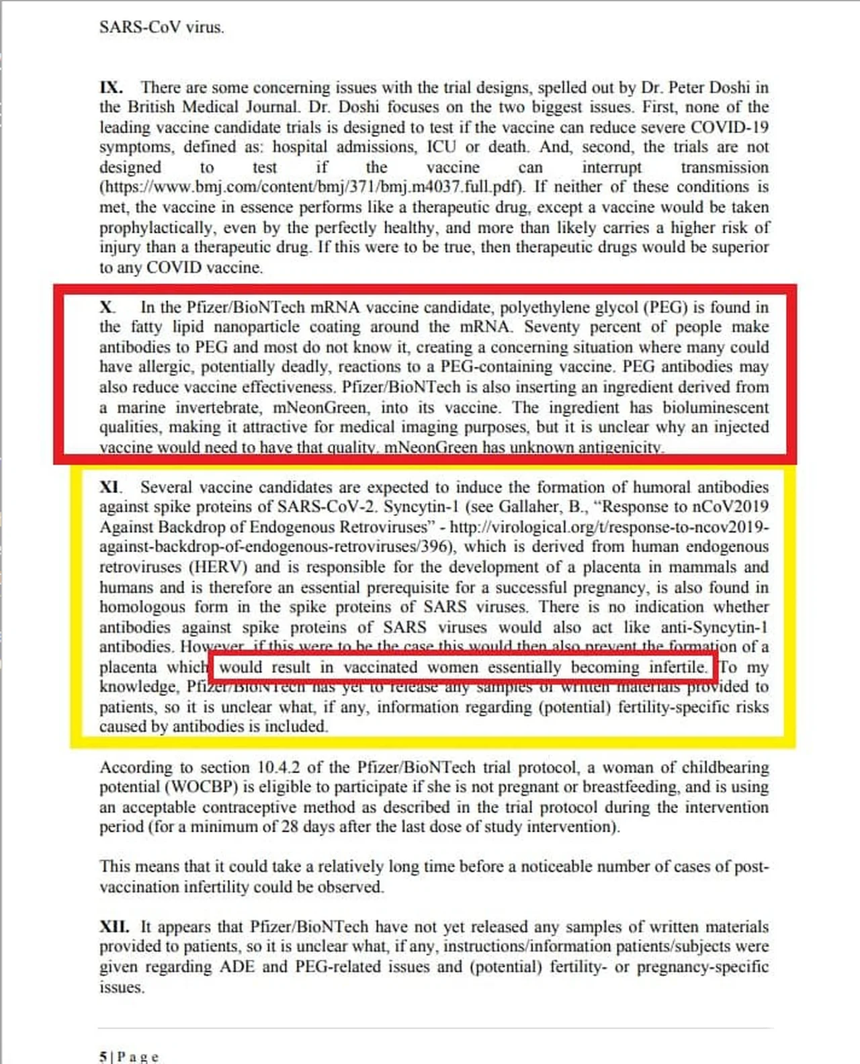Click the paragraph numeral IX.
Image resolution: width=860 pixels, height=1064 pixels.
[111, 88]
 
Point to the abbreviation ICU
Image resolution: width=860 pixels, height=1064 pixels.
[441, 147]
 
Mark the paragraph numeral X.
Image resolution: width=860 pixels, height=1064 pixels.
[106, 308]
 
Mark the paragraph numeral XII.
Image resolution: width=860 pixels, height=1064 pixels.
[114, 927]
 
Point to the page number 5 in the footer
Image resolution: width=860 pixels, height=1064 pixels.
[103, 1057]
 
